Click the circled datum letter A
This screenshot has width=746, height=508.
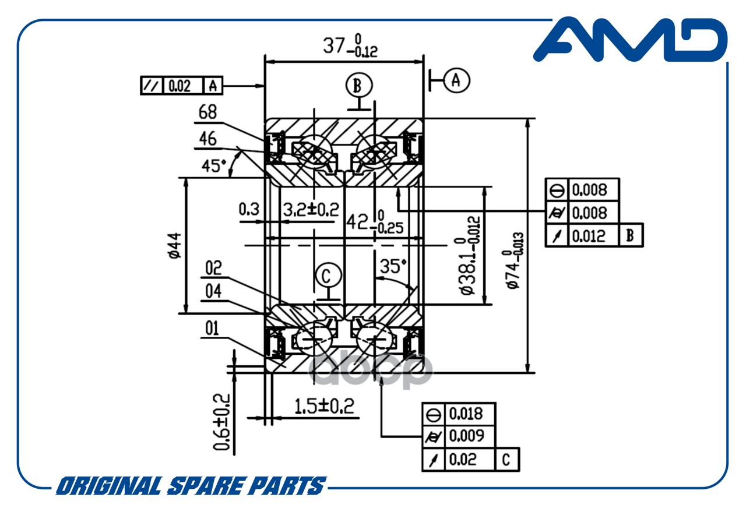456,80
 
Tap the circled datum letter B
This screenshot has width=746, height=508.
359,85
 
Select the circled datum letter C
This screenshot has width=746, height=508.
329,276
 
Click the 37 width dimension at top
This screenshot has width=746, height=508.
350,46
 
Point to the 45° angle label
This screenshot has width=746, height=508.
213,166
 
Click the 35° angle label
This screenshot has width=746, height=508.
393,266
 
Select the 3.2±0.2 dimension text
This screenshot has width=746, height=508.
311,210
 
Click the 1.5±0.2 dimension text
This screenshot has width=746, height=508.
325,407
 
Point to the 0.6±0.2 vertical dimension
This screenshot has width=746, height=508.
222,422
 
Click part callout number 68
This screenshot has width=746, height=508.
207,112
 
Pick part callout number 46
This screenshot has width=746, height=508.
207,139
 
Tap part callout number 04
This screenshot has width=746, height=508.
213,291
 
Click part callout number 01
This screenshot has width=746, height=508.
212,329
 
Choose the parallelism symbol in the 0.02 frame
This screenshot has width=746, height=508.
152,86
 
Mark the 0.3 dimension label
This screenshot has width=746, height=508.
249,209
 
